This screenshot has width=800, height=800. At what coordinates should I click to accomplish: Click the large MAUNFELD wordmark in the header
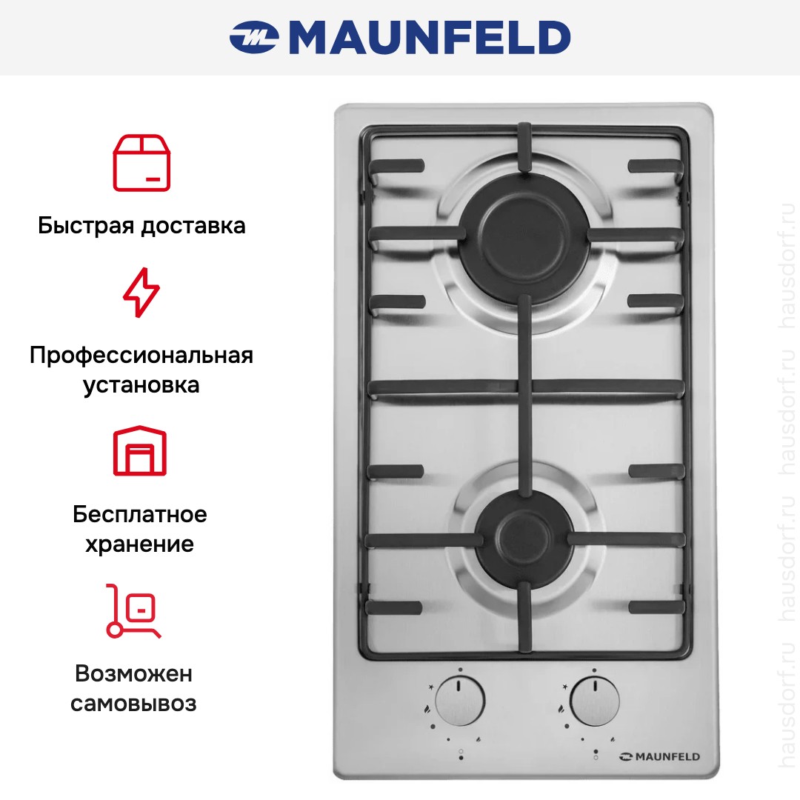pyautogui.click(x=430, y=37)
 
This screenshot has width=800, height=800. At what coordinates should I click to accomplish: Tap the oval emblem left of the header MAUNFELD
pyautogui.click(x=253, y=37)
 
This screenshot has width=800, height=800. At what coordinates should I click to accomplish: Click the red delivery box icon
pyautogui.click(x=141, y=163)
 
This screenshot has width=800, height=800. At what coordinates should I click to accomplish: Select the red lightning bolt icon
pyautogui.click(x=141, y=293)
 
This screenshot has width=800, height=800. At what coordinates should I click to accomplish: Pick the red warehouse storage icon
pyautogui.click(x=140, y=450)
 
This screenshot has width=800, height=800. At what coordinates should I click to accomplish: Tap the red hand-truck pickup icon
pyautogui.click(x=133, y=611)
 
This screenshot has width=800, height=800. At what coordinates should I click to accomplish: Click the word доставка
pyautogui.click(x=193, y=226)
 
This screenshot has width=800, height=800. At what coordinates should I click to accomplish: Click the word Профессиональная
pyautogui.click(x=141, y=355)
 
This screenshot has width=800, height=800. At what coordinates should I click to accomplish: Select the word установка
pyautogui.click(x=141, y=385)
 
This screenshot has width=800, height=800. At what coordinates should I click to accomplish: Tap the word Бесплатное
pyautogui.click(x=140, y=514)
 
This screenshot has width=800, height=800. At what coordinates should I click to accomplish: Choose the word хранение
pyautogui.click(x=140, y=544)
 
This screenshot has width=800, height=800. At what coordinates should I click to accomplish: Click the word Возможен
pyautogui.click(x=133, y=673)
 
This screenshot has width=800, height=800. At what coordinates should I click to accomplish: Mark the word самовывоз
pyautogui.click(x=133, y=704)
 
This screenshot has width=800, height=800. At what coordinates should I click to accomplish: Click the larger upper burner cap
pyautogui.click(x=524, y=238)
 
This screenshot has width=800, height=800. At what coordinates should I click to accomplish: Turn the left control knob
pyautogui.click(x=461, y=701)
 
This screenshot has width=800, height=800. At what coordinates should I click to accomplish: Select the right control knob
pyautogui.click(x=594, y=701)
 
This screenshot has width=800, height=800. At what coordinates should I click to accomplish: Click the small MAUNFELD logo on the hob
pyautogui.click(x=659, y=757)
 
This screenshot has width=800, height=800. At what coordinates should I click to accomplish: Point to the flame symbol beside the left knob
pyautogui.click(x=427, y=708)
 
